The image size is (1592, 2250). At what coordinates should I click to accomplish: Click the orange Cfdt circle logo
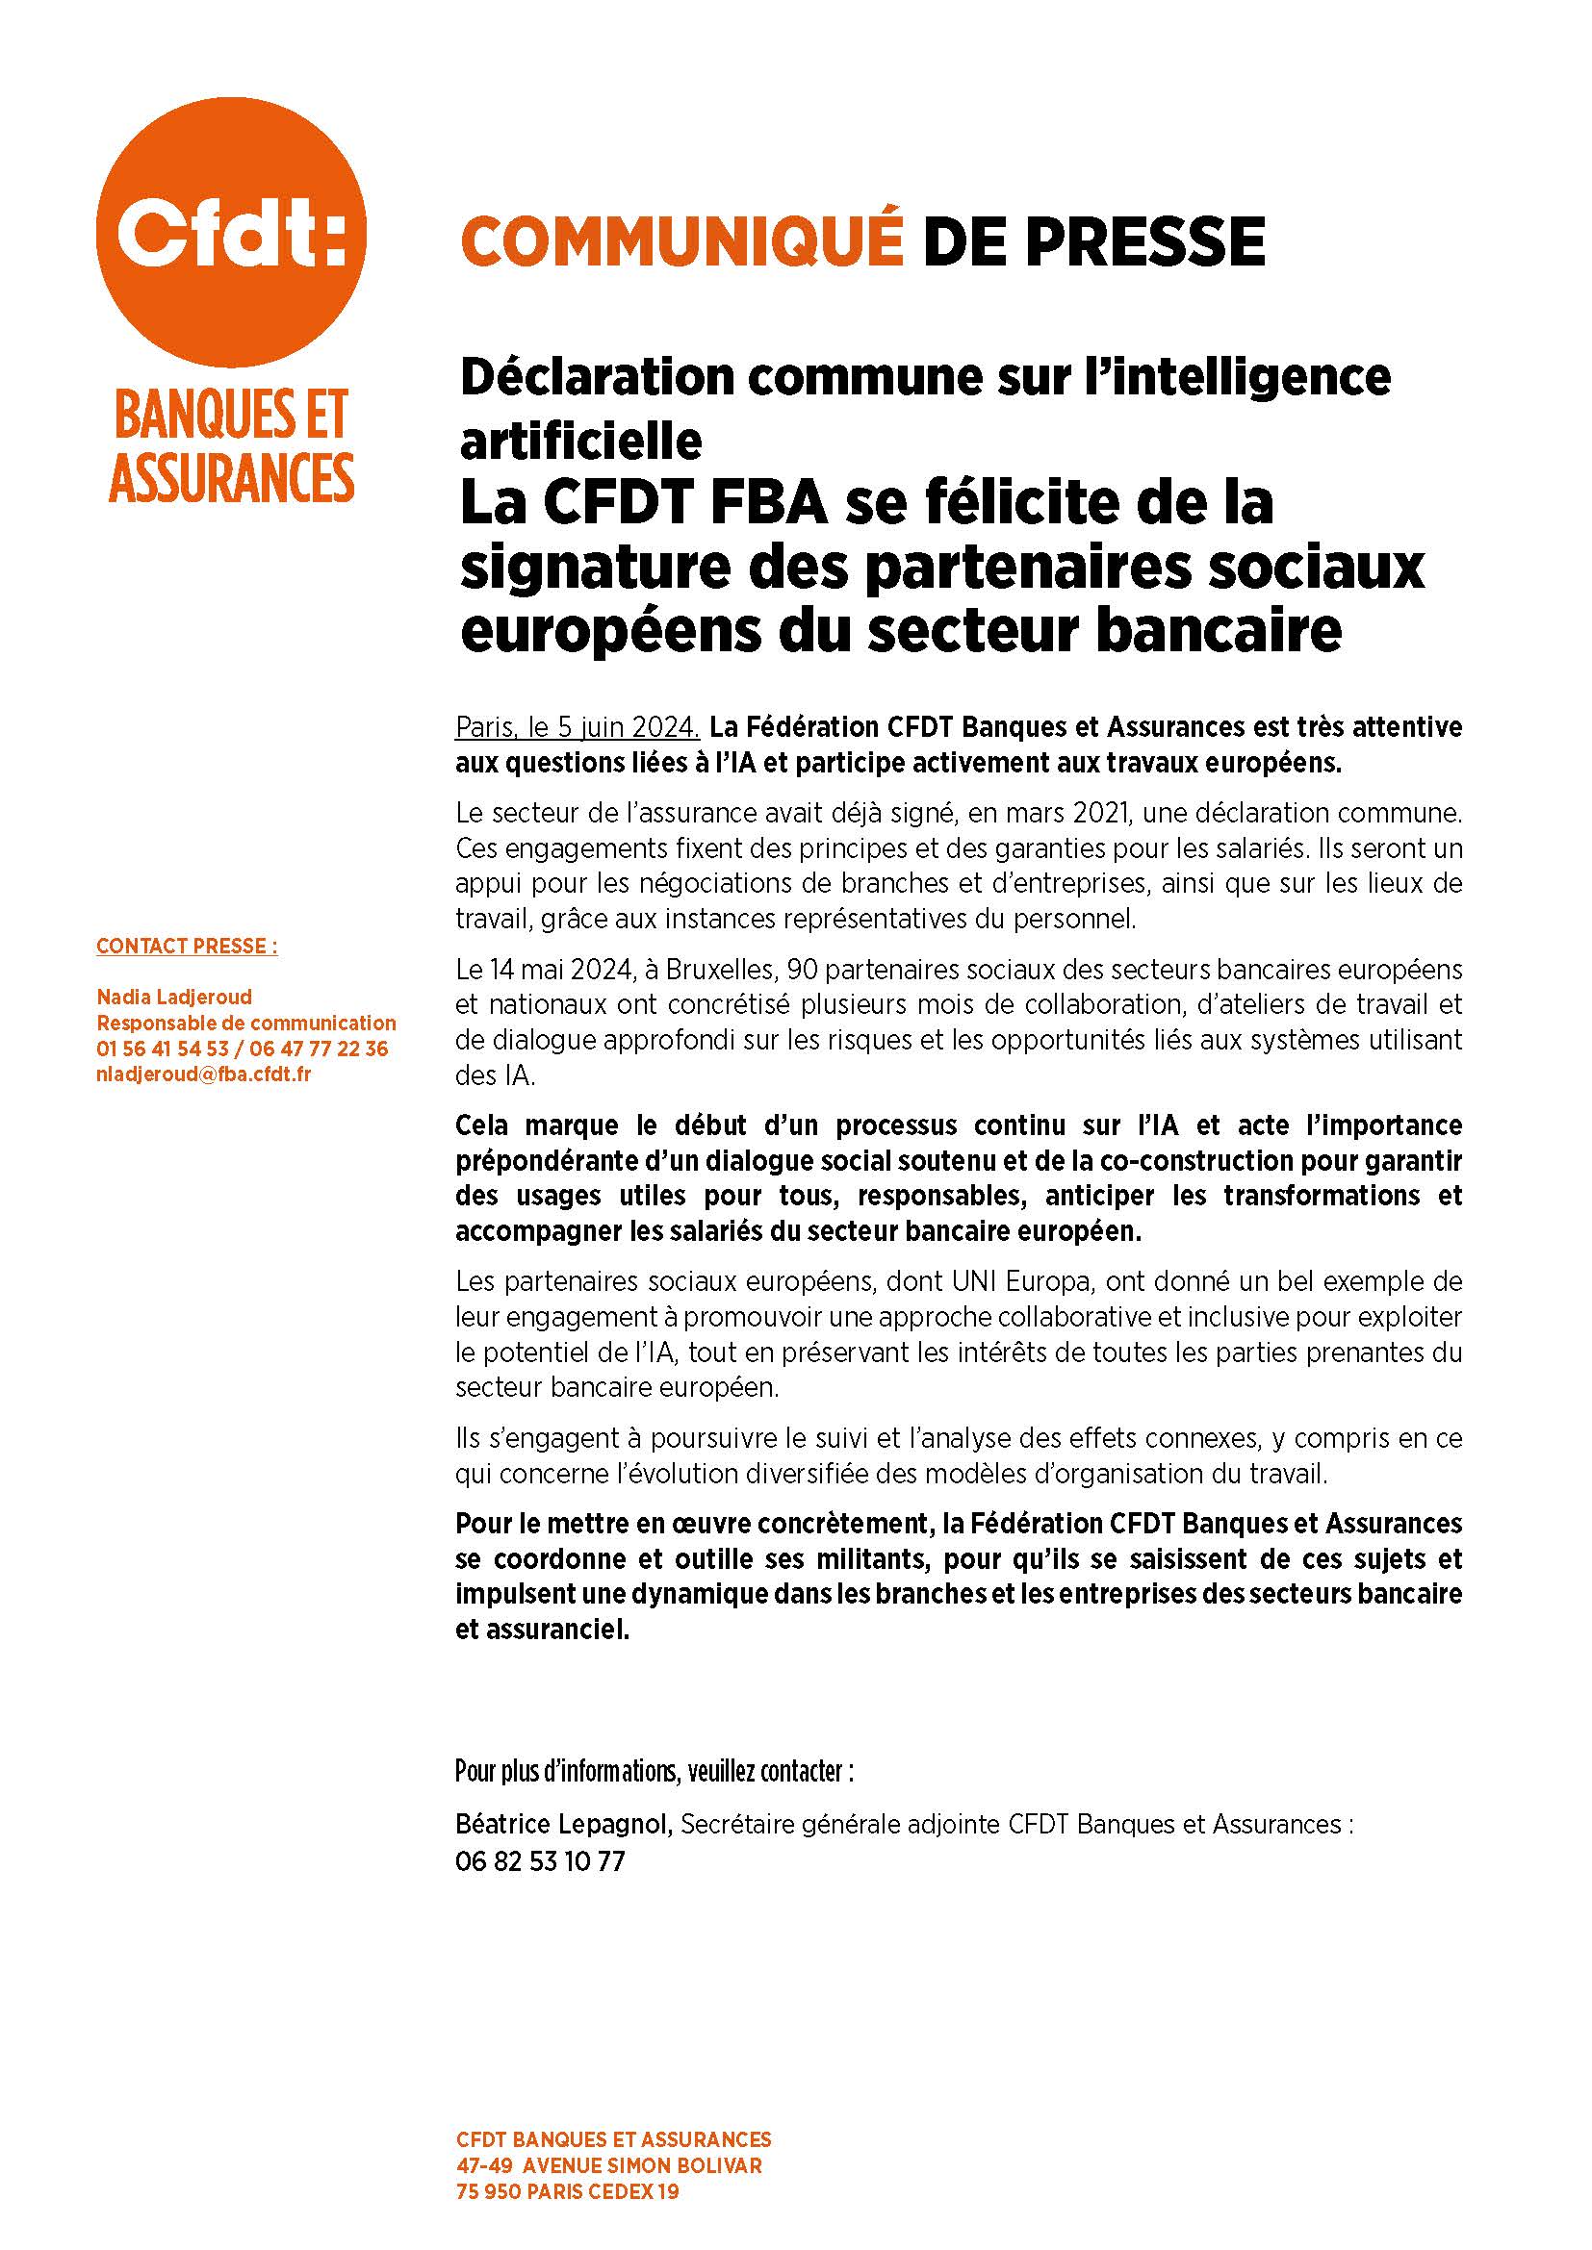point(231,232)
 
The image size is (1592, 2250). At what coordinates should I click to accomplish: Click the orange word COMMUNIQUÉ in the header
point(681,241)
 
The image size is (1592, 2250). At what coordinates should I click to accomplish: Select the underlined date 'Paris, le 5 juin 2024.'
point(578,727)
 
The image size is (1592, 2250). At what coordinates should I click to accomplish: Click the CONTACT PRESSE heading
point(188,946)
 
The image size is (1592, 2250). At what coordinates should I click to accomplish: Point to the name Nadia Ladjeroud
point(174,997)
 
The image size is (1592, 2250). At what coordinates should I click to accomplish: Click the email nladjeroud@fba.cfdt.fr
point(204,1074)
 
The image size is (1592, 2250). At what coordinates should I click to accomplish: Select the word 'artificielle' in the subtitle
point(580,442)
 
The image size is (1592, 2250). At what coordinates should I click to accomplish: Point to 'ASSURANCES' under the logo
point(231,477)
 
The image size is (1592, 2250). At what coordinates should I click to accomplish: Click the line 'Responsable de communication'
point(246,1024)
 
